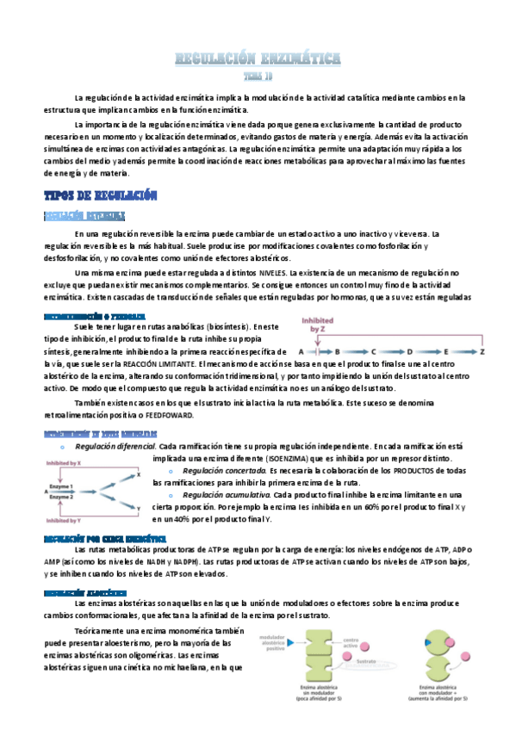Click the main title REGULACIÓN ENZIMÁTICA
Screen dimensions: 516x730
click(x=258, y=59)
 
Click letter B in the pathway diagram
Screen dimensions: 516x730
click(x=337, y=351)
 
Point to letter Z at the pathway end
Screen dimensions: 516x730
click(x=482, y=351)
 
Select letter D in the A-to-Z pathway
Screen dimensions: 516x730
click(x=409, y=351)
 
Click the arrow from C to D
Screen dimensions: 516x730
click(x=391, y=351)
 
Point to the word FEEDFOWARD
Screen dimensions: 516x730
click(x=171, y=414)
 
